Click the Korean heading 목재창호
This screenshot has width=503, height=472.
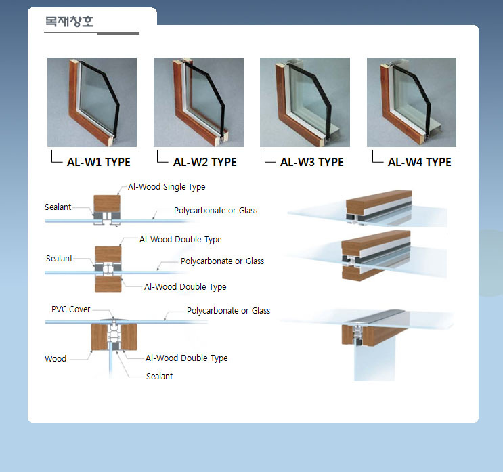pos(69,21)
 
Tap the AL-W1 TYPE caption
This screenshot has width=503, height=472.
pos(98,162)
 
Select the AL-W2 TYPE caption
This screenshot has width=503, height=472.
pos(205,162)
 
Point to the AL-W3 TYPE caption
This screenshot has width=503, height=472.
pos(312,162)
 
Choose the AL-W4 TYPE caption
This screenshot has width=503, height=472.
pos(419,162)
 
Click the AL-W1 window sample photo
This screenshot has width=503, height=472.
pos(92,102)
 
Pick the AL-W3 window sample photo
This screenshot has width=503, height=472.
pos(305,102)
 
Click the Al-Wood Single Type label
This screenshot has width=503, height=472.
pos(167,187)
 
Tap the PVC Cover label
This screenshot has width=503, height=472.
pos(71,309)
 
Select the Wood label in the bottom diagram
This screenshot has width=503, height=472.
pos(56,358)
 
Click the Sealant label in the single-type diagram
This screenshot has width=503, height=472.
pos(58,207)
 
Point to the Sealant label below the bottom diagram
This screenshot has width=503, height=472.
pos(160,376)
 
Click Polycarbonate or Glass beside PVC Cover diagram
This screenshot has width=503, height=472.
pos(228,311)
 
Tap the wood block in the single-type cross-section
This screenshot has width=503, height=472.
pos(107,203)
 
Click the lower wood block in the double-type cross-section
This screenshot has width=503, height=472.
pos(108,284)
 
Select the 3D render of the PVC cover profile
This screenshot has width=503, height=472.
pos(368,344)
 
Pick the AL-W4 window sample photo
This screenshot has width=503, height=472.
pos(412,102)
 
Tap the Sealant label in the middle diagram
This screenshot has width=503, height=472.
pos(60,258)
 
